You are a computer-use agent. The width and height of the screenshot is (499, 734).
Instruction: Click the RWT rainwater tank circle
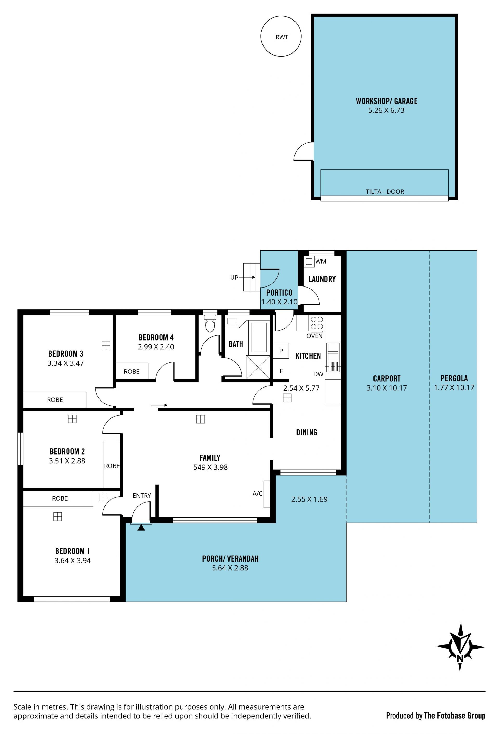261,36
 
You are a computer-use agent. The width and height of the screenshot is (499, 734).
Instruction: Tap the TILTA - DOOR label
385,192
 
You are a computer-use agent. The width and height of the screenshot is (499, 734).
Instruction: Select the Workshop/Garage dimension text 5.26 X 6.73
386,111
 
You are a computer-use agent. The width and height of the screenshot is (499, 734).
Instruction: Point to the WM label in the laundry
320,261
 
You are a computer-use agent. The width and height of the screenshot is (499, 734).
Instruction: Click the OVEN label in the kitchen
314,336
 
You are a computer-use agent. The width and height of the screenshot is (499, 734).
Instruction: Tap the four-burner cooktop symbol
317,323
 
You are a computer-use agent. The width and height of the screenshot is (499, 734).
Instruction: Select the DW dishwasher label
318,374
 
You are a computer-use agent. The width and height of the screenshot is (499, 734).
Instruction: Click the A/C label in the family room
258,493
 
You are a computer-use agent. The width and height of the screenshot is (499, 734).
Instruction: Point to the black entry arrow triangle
141,527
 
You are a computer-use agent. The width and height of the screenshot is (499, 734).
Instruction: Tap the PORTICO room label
279,292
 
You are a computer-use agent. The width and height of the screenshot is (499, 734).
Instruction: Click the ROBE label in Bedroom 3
55,400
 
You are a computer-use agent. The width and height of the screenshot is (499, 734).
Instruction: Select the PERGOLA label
454,378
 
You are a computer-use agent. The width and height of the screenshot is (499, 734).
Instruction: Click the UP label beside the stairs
234,278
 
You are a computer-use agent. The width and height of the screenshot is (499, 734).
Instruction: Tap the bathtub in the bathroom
259,337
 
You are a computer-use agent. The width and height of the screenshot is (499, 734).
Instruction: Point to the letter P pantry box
281,351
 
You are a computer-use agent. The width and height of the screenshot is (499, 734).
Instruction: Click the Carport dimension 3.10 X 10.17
386,388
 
